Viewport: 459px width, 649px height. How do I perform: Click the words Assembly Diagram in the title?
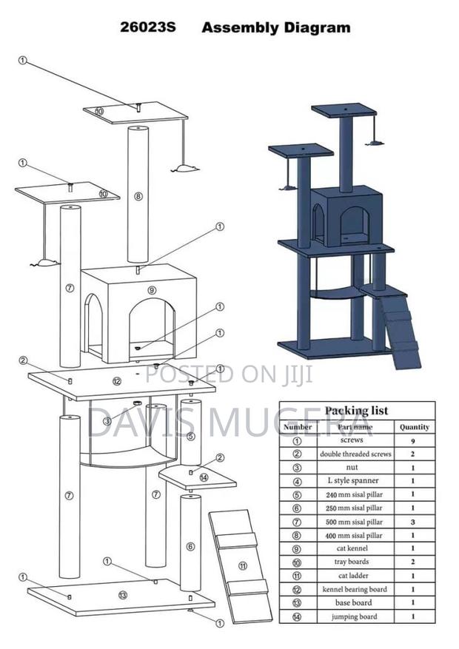276,29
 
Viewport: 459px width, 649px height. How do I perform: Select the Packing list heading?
357,411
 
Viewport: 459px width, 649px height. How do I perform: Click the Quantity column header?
414,427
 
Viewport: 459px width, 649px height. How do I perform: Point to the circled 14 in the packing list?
298,616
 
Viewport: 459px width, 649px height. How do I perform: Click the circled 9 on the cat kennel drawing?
152,290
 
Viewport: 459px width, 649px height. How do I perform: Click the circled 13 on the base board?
122,594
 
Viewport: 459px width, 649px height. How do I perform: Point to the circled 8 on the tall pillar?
138,196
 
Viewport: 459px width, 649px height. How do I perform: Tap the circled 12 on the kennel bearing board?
116,381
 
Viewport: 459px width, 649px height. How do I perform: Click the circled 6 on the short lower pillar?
190,547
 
